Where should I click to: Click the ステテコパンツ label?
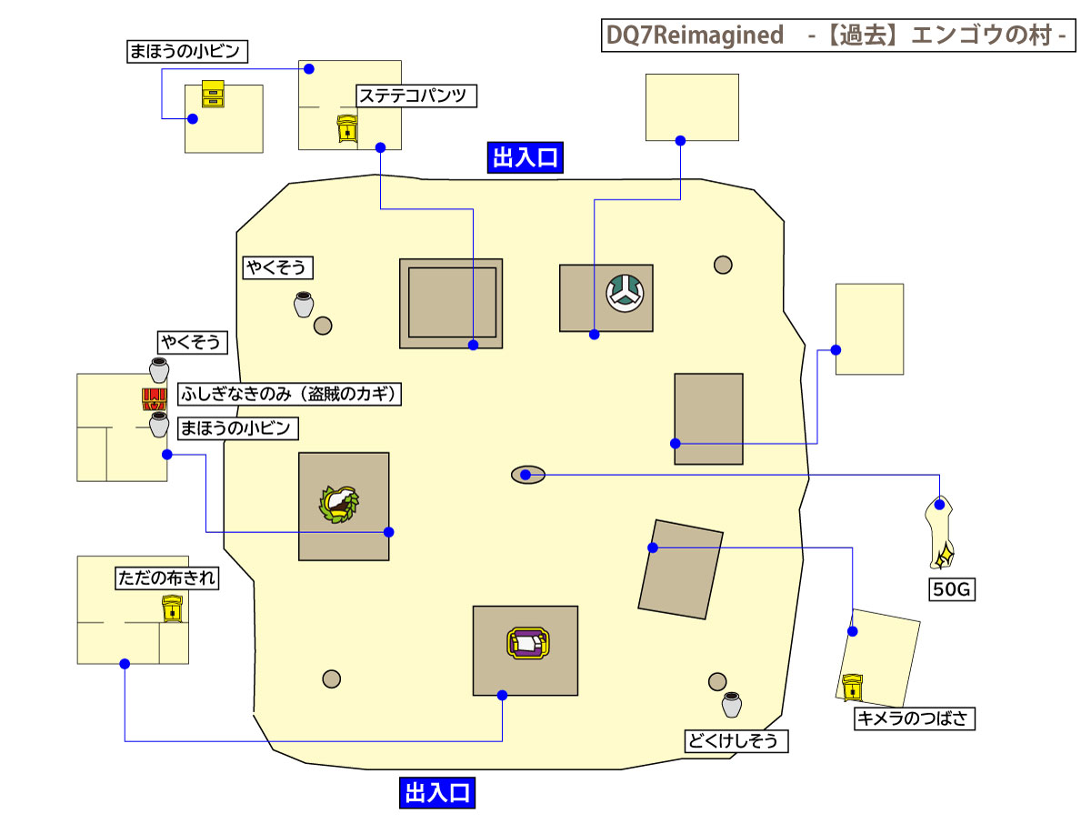pos(416,96)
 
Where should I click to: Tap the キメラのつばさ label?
pos(915,719)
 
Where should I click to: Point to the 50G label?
pos(952,589)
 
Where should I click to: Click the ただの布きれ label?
pos(167,578)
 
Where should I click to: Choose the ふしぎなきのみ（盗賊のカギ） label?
pos(289,395)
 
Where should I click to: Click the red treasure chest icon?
pos(155,399)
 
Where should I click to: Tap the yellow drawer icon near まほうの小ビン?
pos(213,94)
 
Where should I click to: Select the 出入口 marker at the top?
pos(525,158)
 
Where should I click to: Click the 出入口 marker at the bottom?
pos(437,792)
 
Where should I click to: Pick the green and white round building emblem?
pos(625,292)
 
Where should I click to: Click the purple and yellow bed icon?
pos(525,643)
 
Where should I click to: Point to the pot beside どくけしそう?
pos(732,705)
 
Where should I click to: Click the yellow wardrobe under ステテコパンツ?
pos(347,129)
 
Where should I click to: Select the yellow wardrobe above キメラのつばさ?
pos(852,688)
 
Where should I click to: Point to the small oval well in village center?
pos(527,475)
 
